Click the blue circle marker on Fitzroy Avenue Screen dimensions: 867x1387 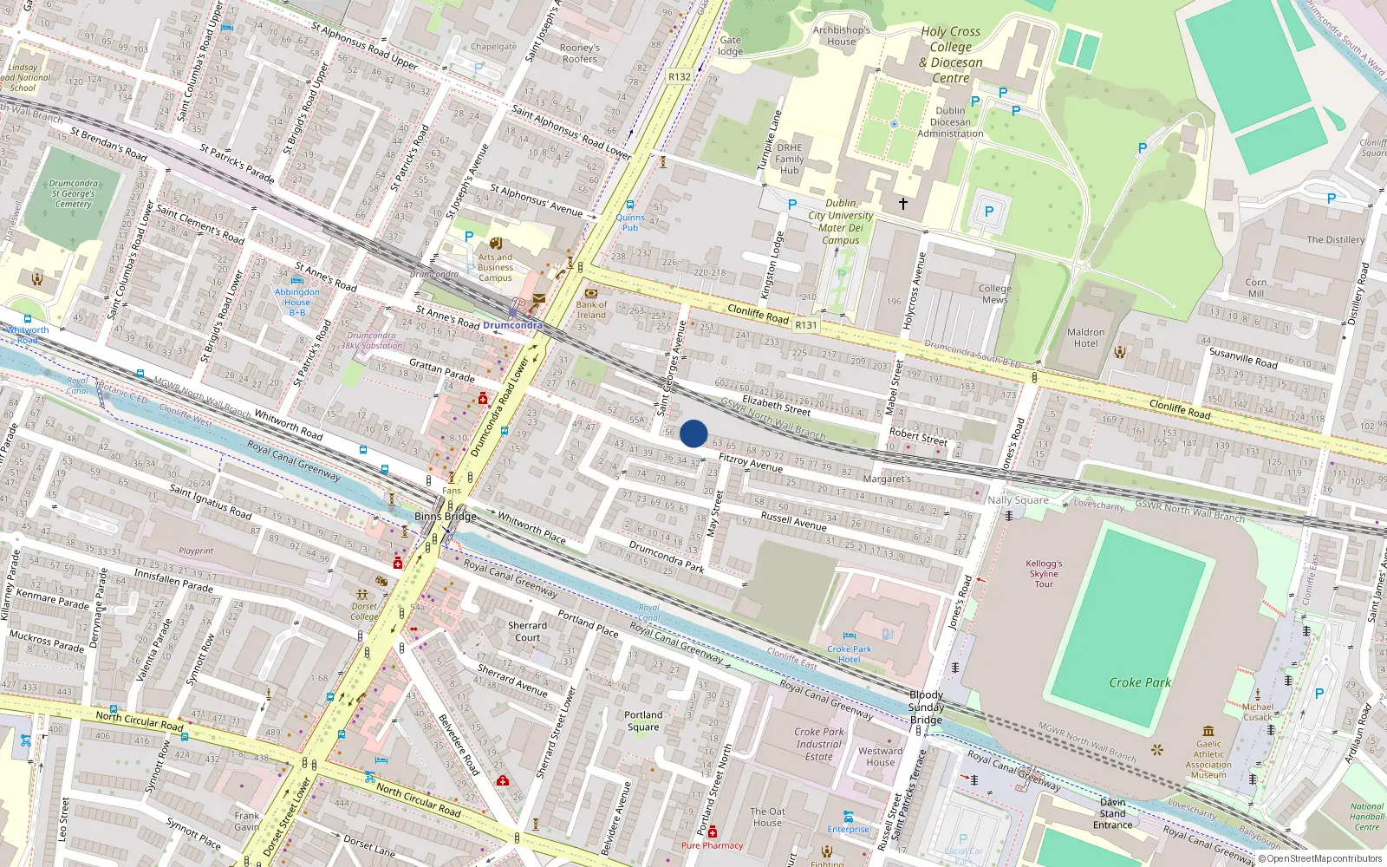(693, 433)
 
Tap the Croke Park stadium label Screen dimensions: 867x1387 (1140, 682)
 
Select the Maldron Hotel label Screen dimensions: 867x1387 (1085, 338)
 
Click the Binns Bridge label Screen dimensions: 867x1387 (446, 516)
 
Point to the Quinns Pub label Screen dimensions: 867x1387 (630, 223)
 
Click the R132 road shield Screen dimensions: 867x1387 (680, 76)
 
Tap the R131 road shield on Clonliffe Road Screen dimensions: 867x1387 (806, 325)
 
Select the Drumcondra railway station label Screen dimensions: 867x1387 (512, 325)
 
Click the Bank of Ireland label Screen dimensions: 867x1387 (591, 310)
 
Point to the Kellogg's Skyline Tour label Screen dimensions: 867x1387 (1044, 573)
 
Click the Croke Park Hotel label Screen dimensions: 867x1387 (849, 654)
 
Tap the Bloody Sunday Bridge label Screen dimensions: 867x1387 (926, 707)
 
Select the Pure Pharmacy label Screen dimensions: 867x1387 (712, 845)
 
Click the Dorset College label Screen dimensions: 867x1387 (364, 611)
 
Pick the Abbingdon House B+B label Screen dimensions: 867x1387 (296, 302)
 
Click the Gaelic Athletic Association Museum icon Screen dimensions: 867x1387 (1208, 731)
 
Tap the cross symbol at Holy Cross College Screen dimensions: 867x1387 (902, 204)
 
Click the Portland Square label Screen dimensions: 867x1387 (643, 721)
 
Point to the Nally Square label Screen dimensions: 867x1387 (1018, 500)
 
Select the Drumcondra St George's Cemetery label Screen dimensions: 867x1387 (73, 193)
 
